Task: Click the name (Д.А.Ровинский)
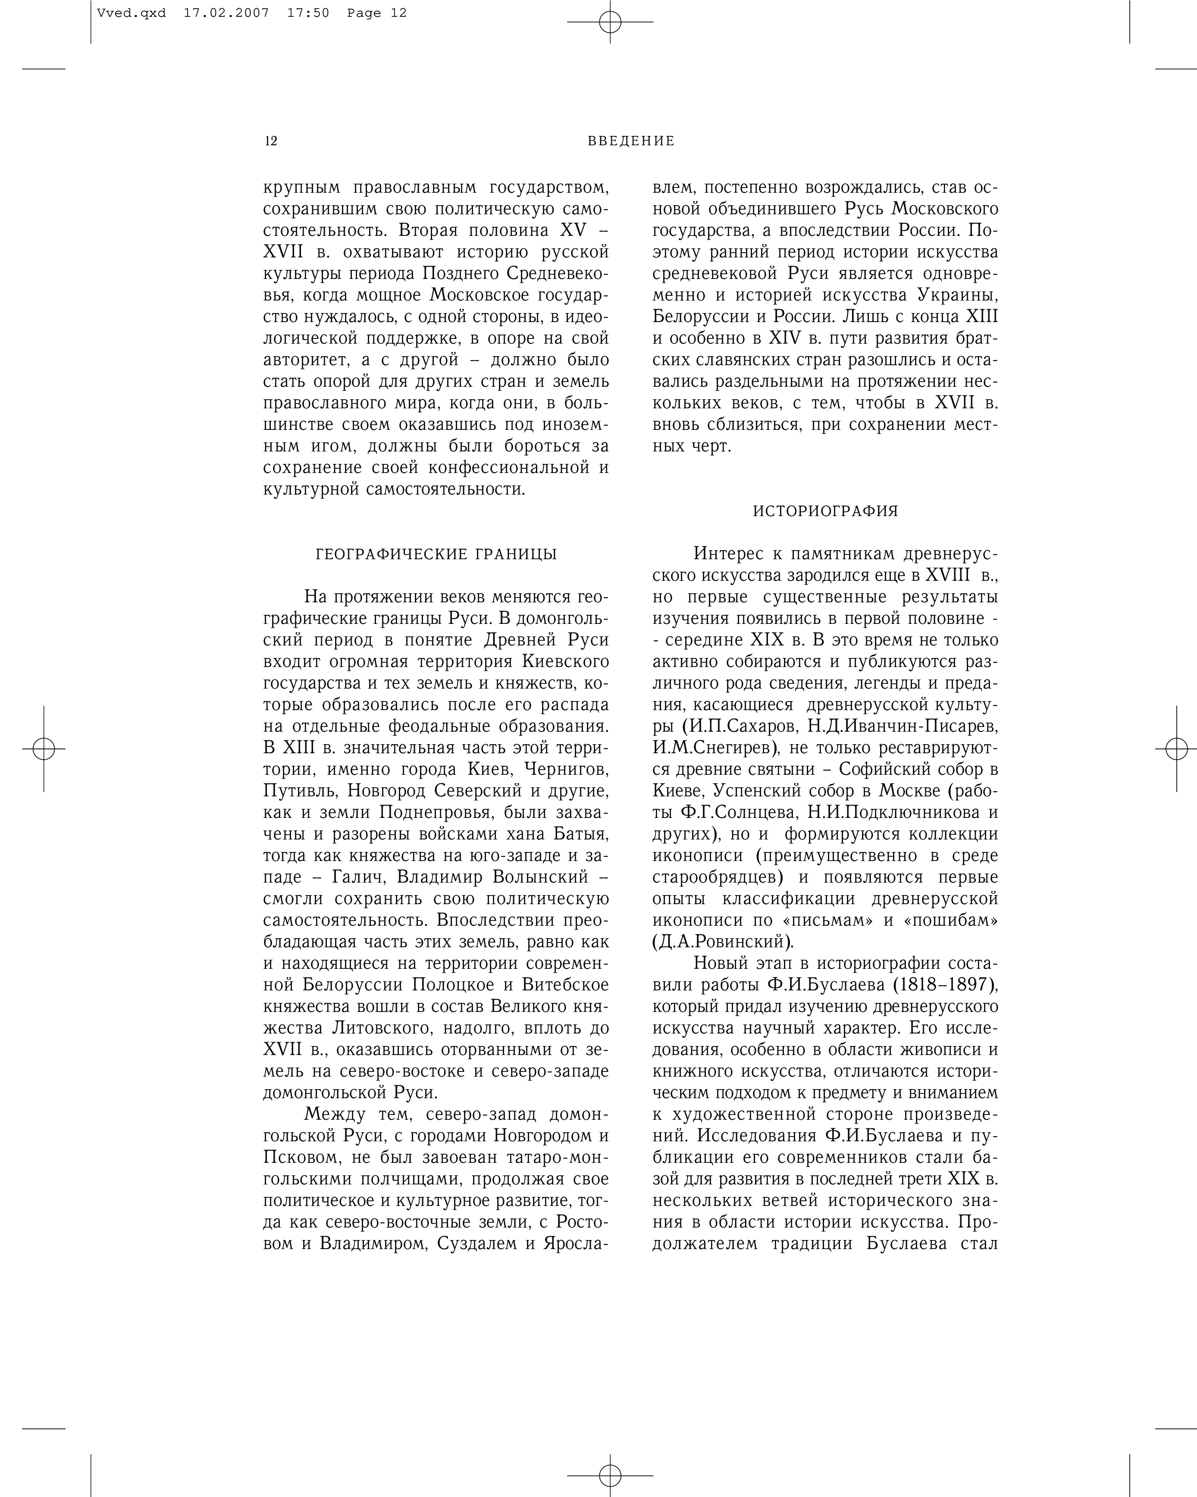(x=723, y=942)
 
